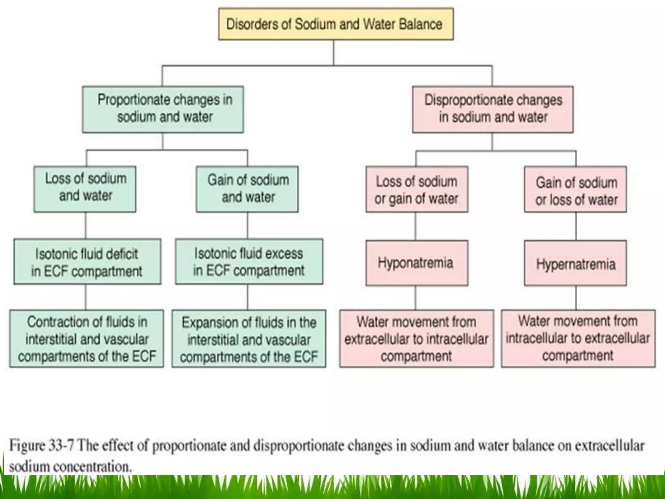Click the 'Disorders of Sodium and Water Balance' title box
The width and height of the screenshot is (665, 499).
(336, 24)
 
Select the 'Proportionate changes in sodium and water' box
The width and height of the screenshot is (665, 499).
(163, 109)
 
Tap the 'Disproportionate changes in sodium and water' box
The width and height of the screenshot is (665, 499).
(493, 109)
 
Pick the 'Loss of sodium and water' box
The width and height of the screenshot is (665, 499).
(85, 189)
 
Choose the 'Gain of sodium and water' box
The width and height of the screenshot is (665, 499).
(247, 189)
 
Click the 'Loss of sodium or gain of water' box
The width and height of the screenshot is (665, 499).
(417, 189)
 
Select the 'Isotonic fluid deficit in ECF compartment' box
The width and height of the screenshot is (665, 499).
(87, 262)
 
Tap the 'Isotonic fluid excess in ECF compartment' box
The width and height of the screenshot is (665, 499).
(249, 262)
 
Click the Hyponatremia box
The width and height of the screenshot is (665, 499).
(417, 263)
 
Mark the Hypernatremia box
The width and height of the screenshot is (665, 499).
(575, 263)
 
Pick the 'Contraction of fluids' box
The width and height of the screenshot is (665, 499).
(86, 339)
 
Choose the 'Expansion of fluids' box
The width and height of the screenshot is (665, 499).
(249, 339)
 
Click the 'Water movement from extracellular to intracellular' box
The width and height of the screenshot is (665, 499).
(417, 339)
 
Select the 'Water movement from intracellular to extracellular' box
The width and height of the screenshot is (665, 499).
(578, 339)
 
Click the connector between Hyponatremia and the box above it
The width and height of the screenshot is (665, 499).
(415, 226)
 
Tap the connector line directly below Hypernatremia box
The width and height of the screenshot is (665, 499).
(576, 298)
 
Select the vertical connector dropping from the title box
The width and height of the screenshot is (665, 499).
(333, 53)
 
